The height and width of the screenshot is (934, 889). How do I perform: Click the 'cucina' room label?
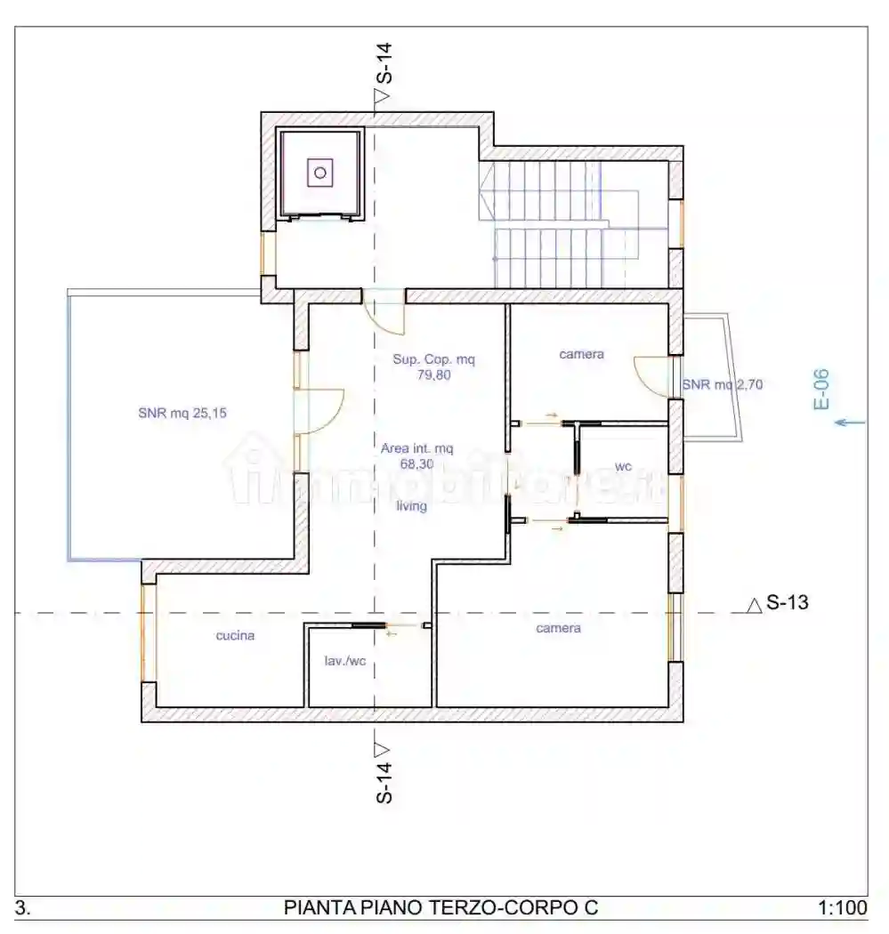[235, 636]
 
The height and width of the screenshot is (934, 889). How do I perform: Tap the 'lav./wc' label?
[345, 661]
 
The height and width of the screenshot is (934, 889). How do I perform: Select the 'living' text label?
[412, 506]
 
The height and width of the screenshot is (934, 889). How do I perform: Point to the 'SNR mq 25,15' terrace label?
[182, 413]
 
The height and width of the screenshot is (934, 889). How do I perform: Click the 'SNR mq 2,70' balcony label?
[723, 385]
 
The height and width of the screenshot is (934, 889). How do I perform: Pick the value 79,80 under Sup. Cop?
[433, 375]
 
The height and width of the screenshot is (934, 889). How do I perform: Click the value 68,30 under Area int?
[417, 464]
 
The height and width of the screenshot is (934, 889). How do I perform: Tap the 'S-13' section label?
[788, 602]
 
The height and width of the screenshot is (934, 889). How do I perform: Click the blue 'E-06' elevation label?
[821, 389]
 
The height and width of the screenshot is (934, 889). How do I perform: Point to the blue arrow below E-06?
[850, 423]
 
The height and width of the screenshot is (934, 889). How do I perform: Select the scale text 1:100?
[843, 908]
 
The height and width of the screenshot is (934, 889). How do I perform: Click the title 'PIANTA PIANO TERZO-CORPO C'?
[440, 908]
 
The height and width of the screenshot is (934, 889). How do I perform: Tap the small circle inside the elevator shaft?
[320, 173]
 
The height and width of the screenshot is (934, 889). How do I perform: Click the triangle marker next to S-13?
[755, 605]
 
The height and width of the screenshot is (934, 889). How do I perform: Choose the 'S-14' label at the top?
[384, 63]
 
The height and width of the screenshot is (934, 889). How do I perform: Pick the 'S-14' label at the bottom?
[384, 783]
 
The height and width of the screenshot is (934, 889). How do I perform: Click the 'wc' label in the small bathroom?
[623, 466]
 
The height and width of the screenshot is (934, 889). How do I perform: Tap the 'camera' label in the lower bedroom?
[558, 628]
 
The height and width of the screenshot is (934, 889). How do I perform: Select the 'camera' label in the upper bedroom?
[582, 354]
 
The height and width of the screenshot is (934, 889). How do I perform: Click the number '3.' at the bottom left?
[22, 908]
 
